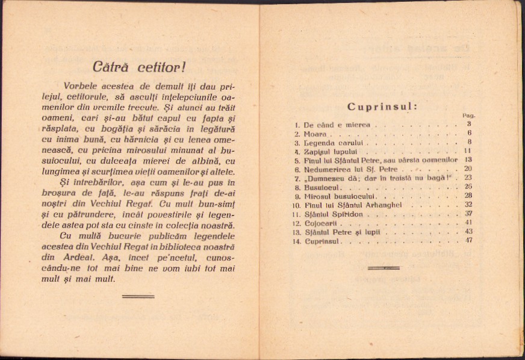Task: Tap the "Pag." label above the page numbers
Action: point(468,116)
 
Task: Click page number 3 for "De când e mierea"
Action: point(468,125)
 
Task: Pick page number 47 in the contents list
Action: point(468,241)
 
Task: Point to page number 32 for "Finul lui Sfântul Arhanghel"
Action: point(468,205)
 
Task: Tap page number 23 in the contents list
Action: point(468,178)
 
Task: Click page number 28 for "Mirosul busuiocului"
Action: point(468,196)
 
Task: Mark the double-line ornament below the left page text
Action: point(138,296)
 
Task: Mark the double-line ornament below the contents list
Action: point(384,267)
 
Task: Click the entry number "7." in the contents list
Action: point(297,179)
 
